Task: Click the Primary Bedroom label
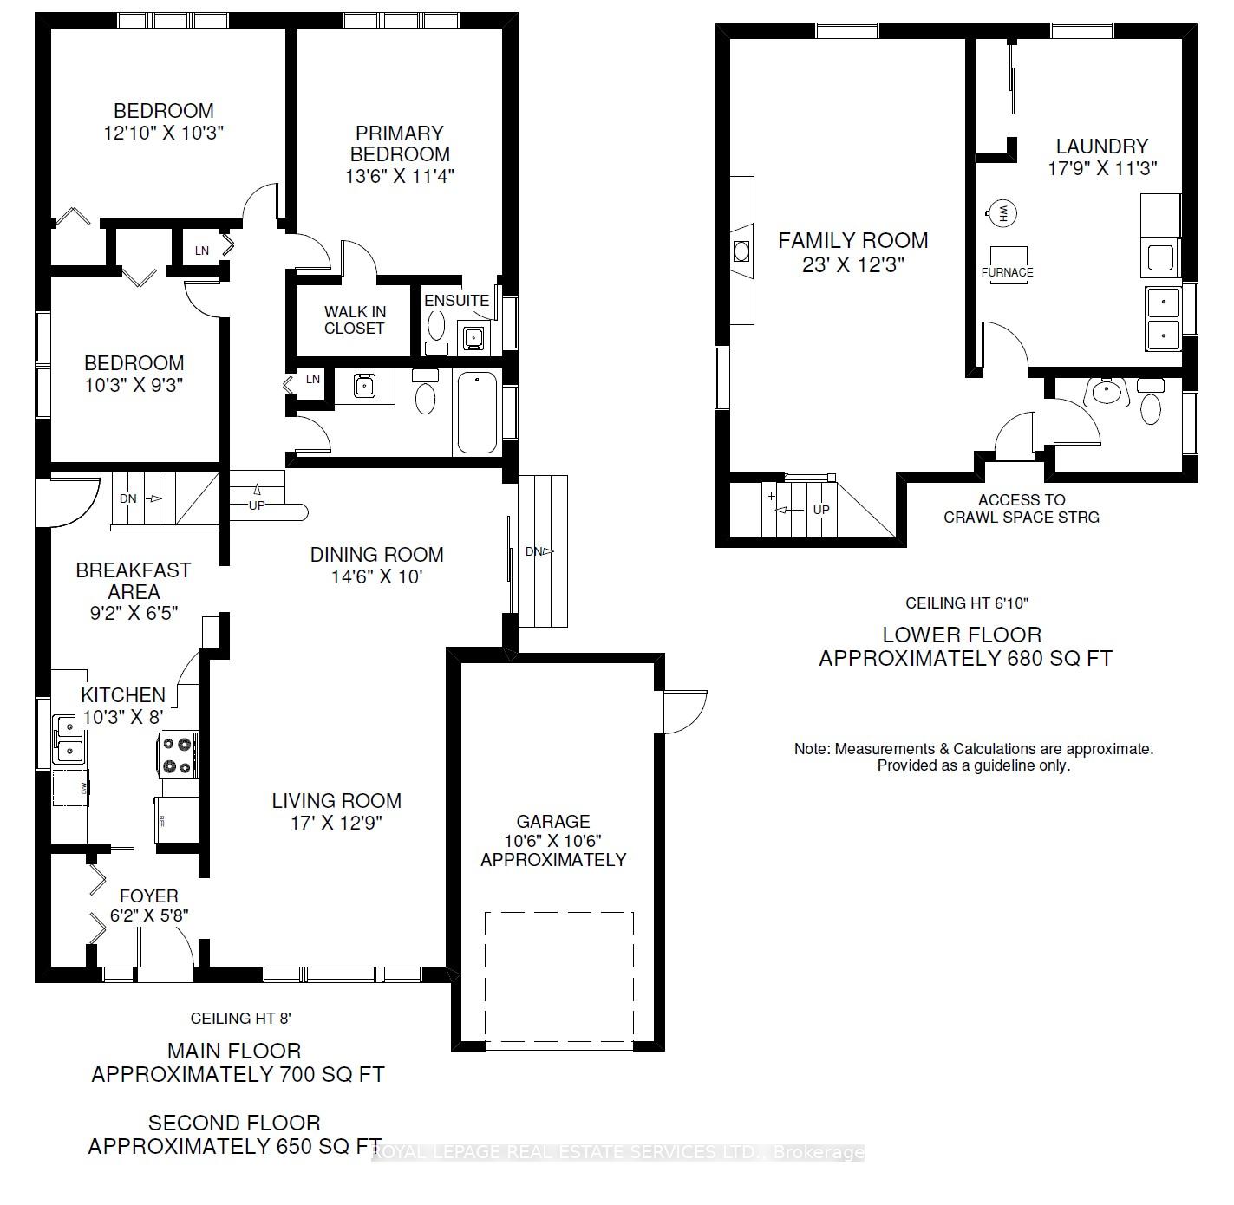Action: [400, 144]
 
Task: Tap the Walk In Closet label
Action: [354, 320]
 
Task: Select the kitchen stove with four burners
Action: [178, 754]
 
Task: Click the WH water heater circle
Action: [1002, 212]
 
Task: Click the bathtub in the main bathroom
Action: [476, 413]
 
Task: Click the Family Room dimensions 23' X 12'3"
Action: [853, 264]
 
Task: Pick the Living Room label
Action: [336, 801]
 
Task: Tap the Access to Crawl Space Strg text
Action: [1021, 509]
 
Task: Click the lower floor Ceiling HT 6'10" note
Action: [967, 603]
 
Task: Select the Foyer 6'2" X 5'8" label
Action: [149, 905]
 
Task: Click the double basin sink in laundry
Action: [1162, 317]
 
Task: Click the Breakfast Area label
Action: [134, 581]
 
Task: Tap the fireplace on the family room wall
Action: [741, 251]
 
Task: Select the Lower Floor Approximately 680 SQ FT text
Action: [964, 647]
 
